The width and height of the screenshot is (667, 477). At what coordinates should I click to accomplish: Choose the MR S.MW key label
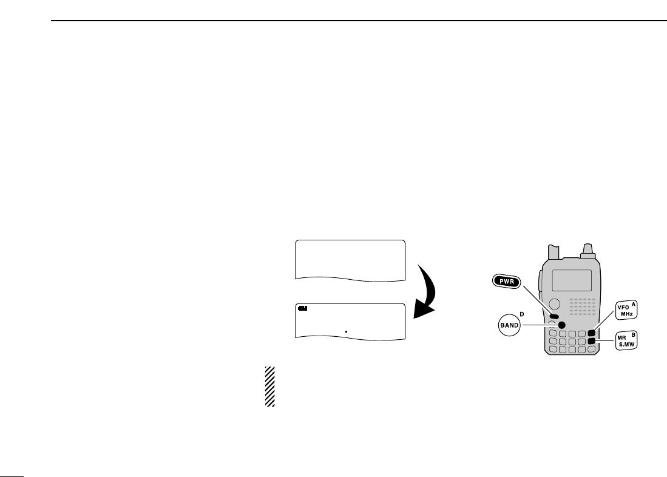626,340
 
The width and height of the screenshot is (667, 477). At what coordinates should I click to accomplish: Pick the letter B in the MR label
634,334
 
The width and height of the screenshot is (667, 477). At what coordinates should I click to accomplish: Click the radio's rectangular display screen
572,280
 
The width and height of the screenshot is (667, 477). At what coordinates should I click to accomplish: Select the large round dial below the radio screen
554,304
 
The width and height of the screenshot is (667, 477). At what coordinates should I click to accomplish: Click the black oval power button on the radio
554,316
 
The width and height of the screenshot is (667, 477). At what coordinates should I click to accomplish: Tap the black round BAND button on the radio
562,324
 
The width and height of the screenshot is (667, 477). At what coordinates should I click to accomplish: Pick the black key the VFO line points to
591,333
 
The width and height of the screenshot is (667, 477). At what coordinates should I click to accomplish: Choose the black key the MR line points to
591,342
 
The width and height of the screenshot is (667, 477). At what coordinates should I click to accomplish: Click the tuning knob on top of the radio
587,249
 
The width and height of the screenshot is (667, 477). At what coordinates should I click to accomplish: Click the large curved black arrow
426,291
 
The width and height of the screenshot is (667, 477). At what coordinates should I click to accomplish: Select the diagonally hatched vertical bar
270,386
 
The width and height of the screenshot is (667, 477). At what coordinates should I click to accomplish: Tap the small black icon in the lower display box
303,308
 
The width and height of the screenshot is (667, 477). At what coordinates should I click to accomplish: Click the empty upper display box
350,259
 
